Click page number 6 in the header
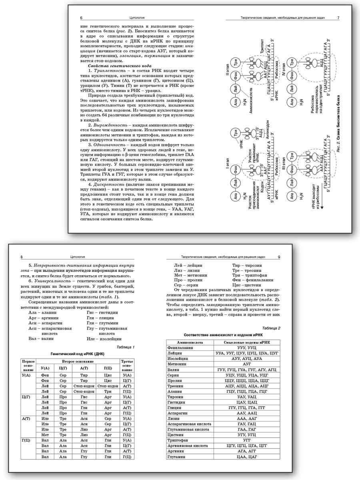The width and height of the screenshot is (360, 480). [81, 18]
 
